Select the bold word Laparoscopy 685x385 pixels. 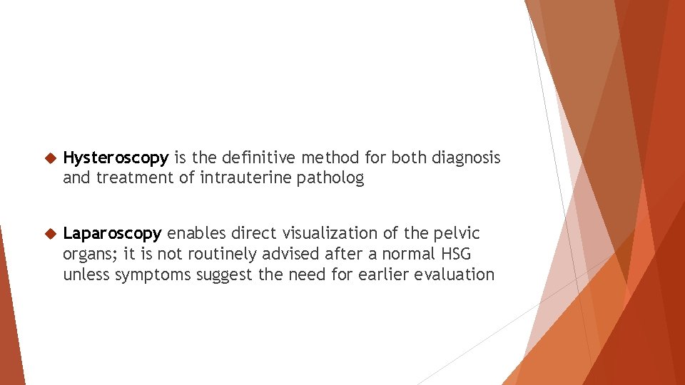click(113, 234)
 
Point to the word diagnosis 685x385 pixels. click(466, 158)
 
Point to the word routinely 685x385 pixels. click(220, 254)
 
